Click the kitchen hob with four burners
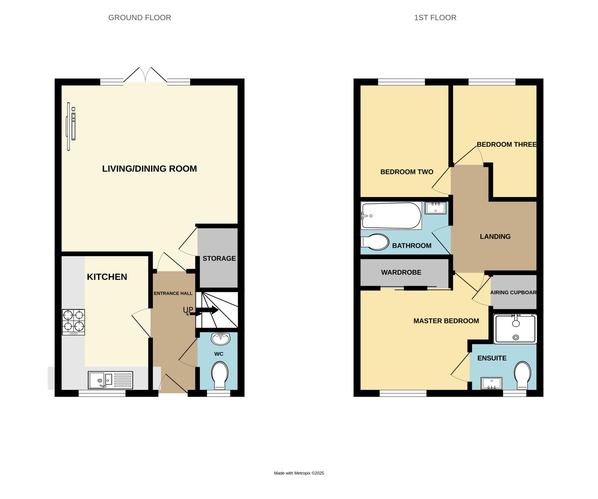pos(73,322)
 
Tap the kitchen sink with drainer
pos(110,380)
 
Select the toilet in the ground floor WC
pos(220,376)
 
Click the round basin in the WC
pos(221,339)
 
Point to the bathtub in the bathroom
pos(391,216)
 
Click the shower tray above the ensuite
pos(515,329)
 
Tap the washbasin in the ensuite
pos(491,383)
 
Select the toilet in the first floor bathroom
pos(375,242)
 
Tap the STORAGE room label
pos(219,258)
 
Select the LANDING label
pos(495,236)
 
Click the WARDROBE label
pos(401,272)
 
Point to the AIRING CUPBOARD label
pos(513,292)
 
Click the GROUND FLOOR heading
pos(140,18)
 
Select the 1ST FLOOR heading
pos(435,18)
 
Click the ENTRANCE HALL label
pos(173,293)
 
